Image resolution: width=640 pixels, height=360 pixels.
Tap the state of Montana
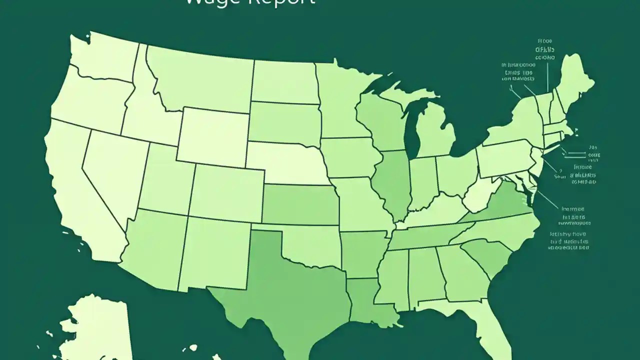click(200, 80)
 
